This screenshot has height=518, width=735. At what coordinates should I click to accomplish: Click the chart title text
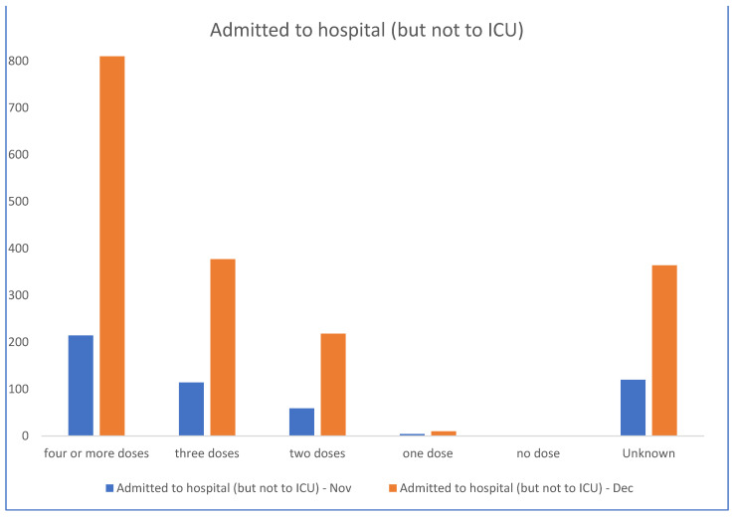click(x=366, y=30)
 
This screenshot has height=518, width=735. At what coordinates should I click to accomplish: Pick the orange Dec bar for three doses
click(x=223, y=347)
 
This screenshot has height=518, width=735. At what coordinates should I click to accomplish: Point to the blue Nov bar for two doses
click(x=301, y=422)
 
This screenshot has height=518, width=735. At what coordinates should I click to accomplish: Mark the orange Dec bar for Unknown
click(x=663, y=350)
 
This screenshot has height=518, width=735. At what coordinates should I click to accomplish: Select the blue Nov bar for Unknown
click(x=633, y=408)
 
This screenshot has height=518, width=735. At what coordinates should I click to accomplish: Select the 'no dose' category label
click(x=538, y=454)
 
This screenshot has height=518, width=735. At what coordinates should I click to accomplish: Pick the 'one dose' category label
click(x=428, y=454)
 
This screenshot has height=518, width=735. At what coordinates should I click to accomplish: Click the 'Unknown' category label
click(x=648, y=454)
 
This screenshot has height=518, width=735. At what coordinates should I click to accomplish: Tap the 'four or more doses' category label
click(x=96, y=454)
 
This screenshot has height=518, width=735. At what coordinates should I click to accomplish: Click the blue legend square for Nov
click(x=109, y=488)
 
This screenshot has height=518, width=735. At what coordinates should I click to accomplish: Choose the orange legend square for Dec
click(x=392, y=488)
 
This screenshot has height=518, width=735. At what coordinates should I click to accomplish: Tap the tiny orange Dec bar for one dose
click(x=444, y=433)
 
